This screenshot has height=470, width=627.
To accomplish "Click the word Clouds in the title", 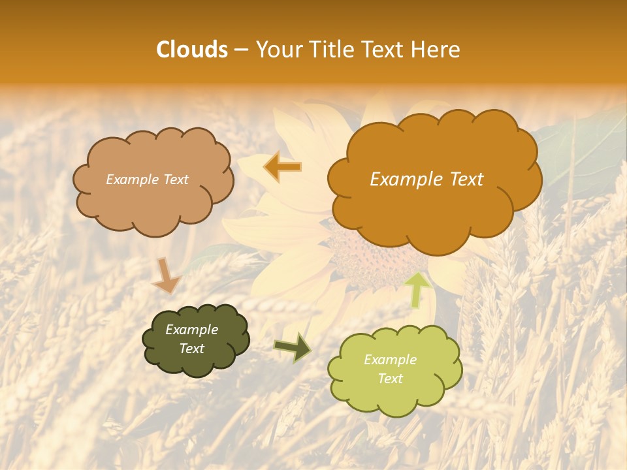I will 192,50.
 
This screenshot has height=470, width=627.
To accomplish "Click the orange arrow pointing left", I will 282,166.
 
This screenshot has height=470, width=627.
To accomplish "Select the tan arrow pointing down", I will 165,275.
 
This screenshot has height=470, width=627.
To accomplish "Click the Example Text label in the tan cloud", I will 147,180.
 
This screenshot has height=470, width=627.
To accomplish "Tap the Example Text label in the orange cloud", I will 426,180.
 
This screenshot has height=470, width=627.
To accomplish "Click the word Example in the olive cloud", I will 191,330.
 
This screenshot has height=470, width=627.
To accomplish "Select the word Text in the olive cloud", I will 191,349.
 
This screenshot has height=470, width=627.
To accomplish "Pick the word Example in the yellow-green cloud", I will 390,360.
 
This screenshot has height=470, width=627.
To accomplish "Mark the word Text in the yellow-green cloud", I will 390,379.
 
